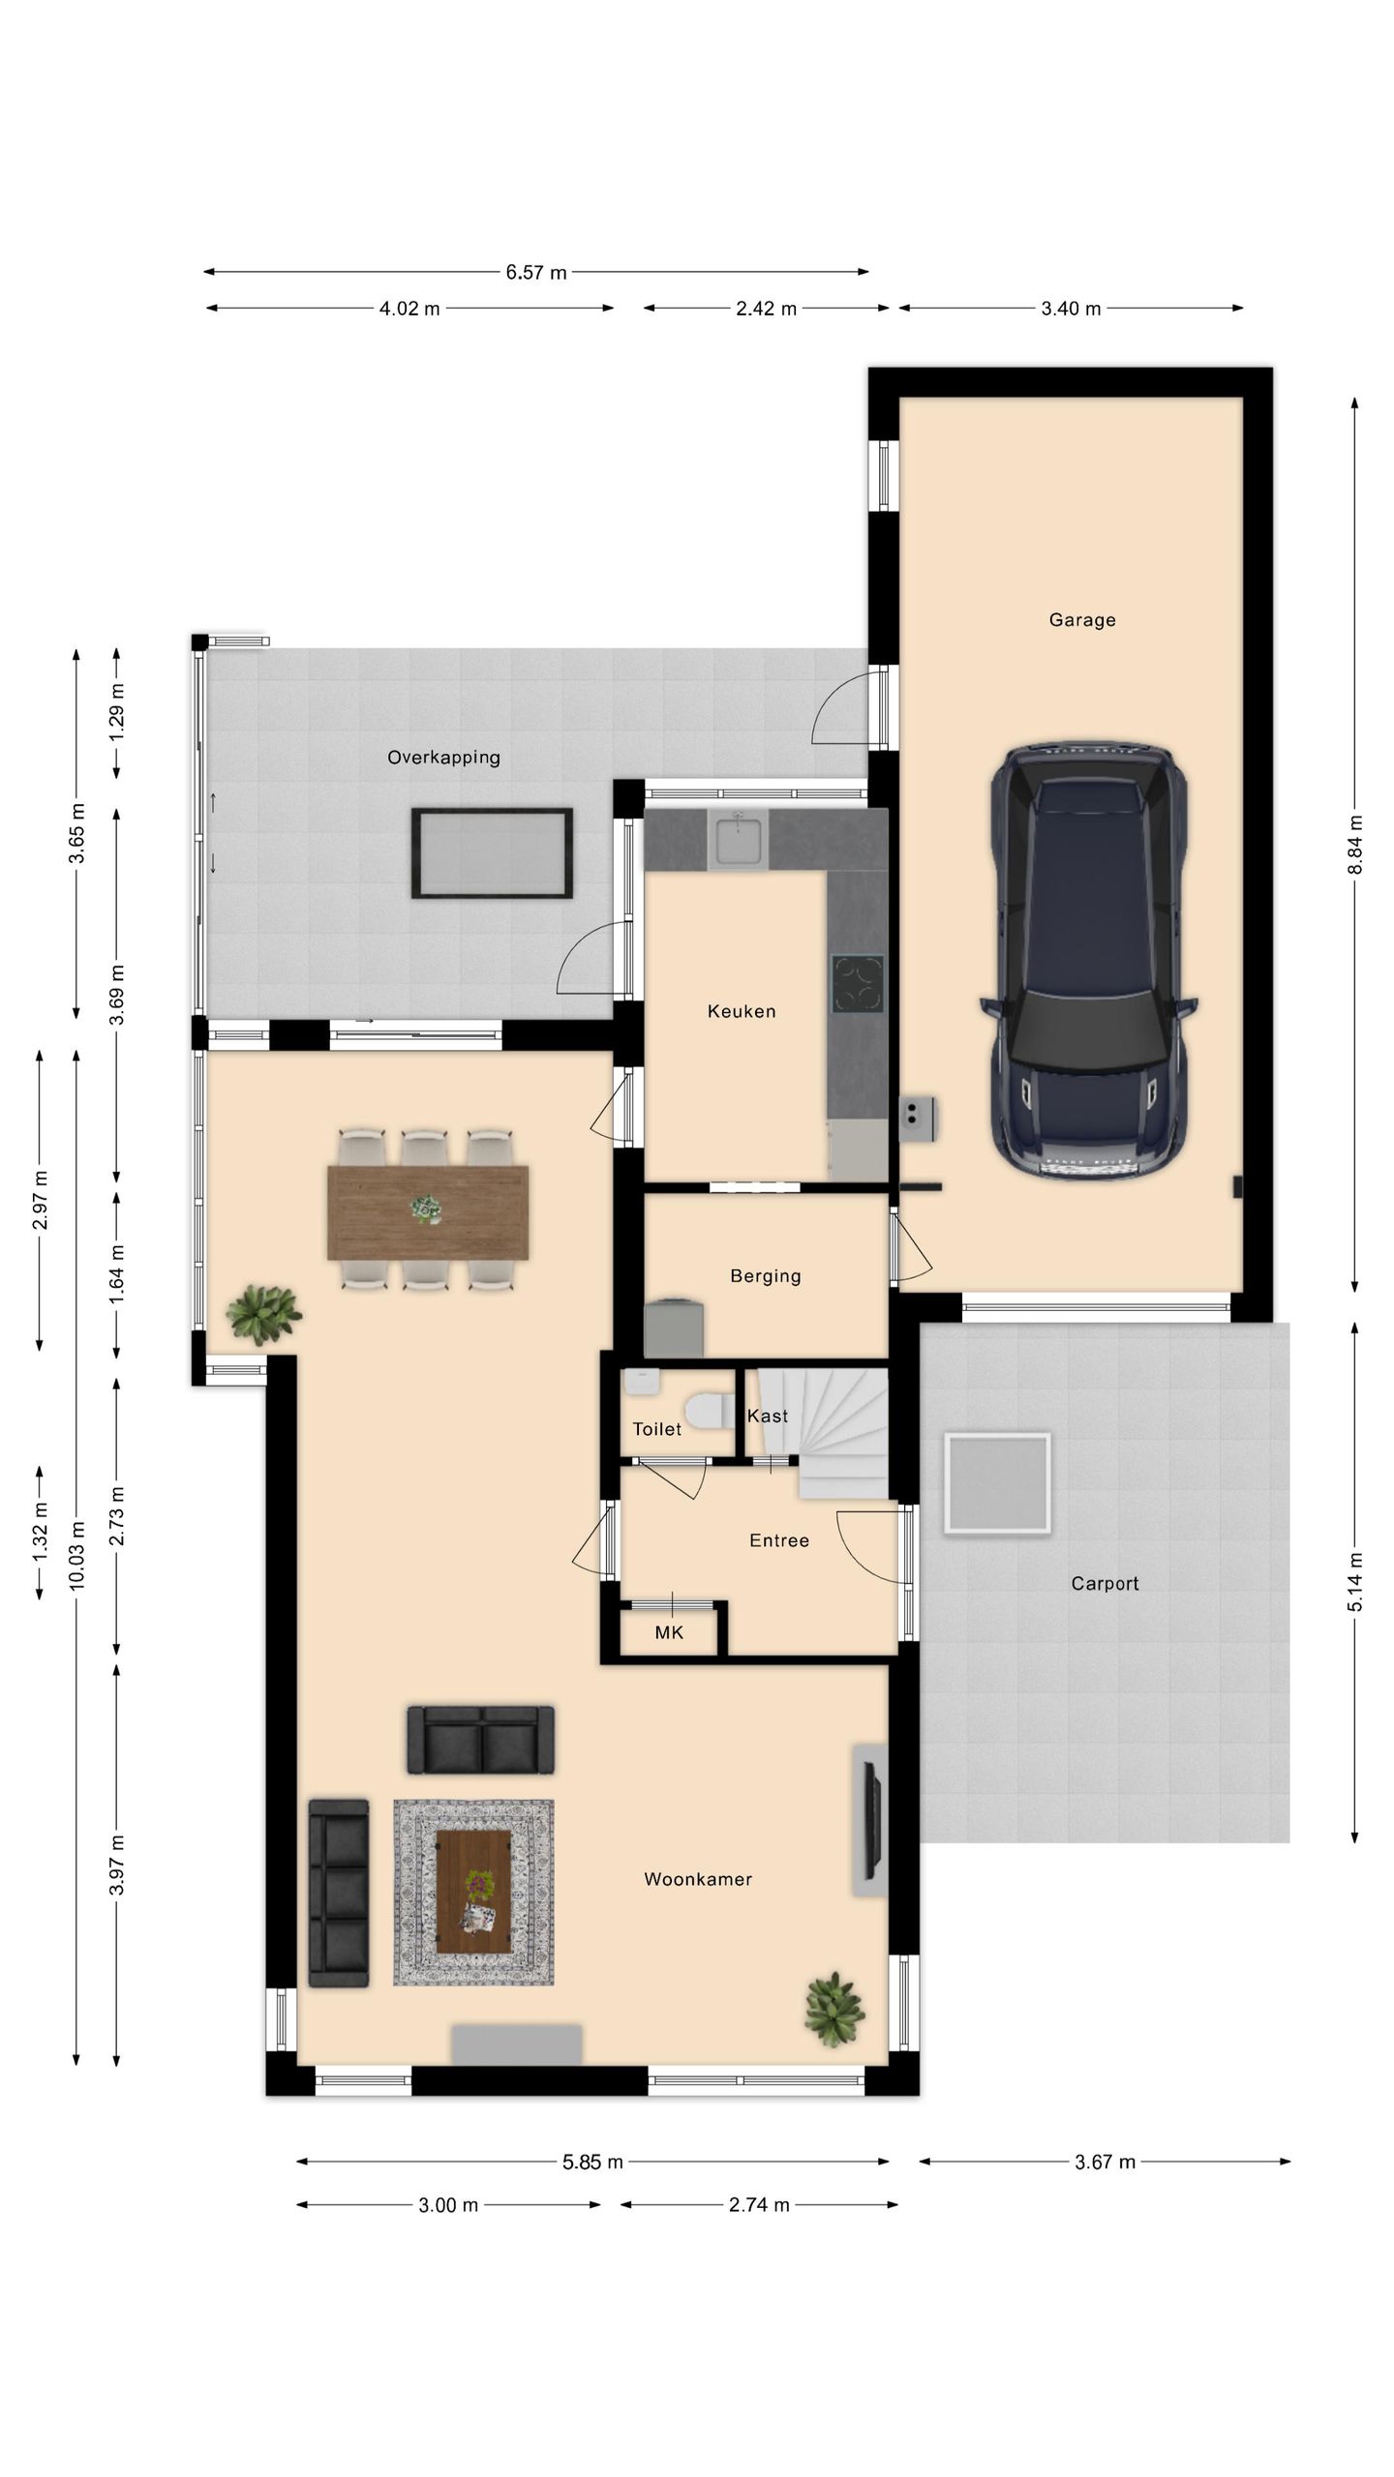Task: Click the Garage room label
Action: point(1082,620)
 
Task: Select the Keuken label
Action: point(742,1012)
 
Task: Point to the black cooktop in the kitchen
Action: point(858,984)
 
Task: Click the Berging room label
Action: point(766,1276)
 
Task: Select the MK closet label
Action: point(669,1633)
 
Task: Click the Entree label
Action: point(779,1540)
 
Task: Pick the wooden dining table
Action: point(428,1212)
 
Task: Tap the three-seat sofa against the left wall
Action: point(339,1893)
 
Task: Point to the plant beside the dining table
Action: point(263,1314)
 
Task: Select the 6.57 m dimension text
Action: point(536,272)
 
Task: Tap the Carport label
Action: point(1105,1584)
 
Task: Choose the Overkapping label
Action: point(444,758)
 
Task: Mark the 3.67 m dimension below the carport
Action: point(1106,2162)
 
